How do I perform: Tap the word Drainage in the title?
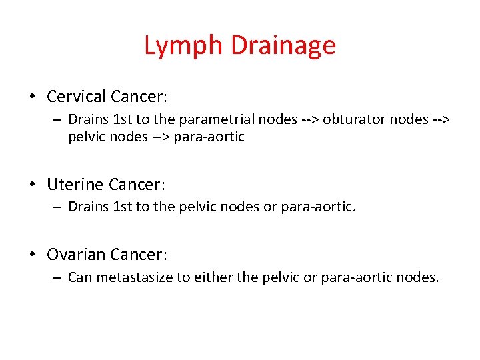click(283, 46)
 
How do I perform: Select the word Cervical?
click(77, 97)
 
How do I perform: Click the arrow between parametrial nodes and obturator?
click(308, 120)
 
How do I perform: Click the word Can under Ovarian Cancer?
click(80, 278)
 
